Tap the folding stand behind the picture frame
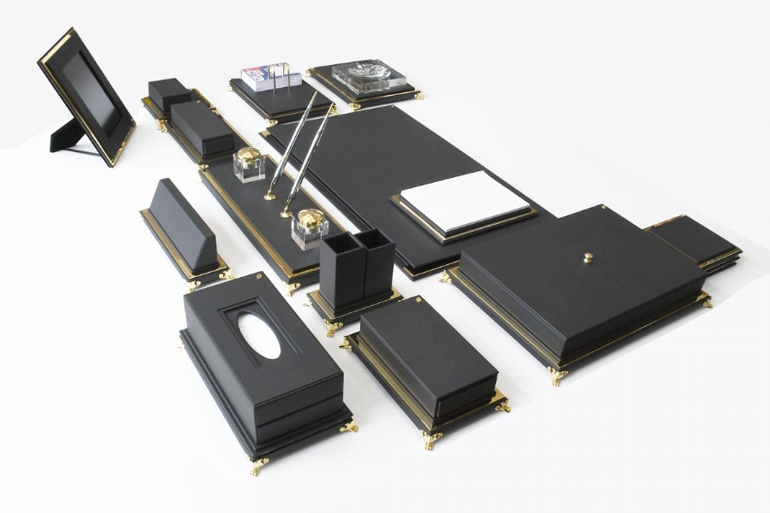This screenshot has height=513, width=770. point(65,137)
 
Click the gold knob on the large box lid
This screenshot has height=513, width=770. point(588,257)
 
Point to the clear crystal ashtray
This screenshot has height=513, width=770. point(364,76)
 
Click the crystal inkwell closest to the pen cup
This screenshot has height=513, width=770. point(308,228)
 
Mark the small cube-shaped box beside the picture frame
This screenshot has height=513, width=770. point(169,94)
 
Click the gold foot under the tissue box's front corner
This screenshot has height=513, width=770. point(258,467)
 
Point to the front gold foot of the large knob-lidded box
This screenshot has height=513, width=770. point(559,377)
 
